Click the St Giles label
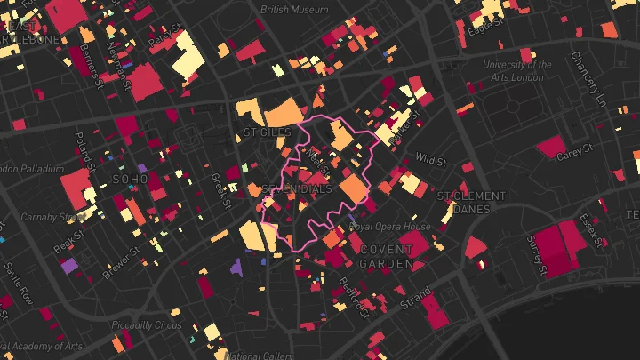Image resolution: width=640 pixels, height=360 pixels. pos(260,133)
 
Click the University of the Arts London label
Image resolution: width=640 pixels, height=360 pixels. pos(517,70)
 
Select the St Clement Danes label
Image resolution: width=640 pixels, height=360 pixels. pos(471,203)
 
